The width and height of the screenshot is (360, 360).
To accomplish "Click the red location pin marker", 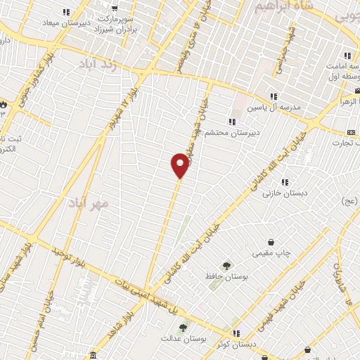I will point(181,165).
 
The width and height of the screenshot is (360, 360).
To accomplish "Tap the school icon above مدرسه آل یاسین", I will point(273,96).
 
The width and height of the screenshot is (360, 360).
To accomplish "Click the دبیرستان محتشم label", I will point(231,132).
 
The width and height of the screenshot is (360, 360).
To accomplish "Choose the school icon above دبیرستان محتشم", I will point(232,122).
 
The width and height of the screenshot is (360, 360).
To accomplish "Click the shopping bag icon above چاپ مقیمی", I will point(271,243).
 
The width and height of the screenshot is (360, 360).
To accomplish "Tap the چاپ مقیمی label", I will point(271,253).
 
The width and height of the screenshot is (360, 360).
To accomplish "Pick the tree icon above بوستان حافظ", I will point(226,265).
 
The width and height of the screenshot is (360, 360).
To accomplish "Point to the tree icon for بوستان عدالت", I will point(184,328).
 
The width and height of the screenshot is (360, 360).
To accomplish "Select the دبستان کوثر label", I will point(236,344).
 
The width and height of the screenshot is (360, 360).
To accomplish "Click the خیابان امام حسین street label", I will point(44,309).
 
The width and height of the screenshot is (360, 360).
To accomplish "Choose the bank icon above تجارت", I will point(350,132).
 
